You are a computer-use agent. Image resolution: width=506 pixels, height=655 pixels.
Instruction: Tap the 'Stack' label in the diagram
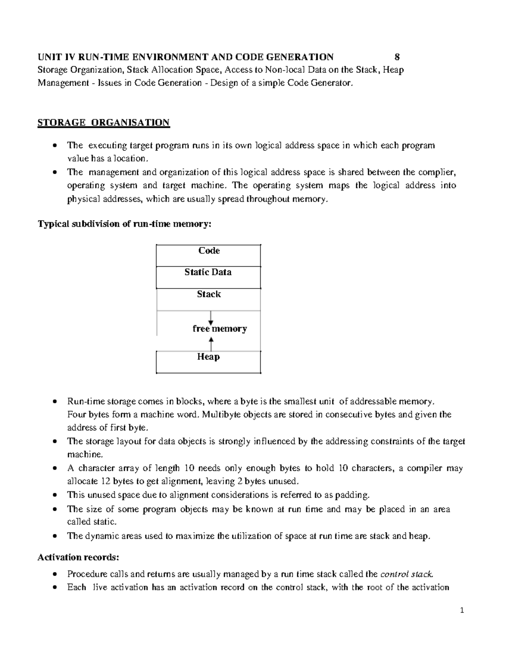click(x=209, y=294)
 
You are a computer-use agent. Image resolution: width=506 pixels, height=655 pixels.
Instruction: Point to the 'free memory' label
click(x=219, y=329)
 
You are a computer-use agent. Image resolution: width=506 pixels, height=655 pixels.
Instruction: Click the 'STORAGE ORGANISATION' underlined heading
click(x=103, y=123)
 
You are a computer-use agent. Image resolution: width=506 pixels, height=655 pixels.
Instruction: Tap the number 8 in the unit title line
click(x=397, y=57)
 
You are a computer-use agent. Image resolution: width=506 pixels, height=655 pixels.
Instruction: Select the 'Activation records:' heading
click(x=78, y=558)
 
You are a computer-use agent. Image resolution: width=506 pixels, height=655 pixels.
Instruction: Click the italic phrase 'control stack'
click(x=406, y=574)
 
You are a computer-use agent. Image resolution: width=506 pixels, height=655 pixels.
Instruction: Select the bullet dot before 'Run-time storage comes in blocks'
click(x=55, y=401)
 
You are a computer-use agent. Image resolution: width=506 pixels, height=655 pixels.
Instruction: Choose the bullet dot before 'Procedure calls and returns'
click(x=55, y=574)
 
